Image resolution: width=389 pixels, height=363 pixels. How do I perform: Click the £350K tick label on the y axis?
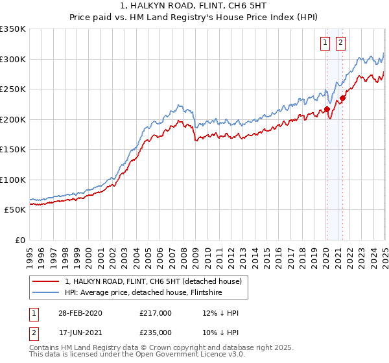(13, 29)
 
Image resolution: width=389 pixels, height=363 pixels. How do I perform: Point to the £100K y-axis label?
(13, 180)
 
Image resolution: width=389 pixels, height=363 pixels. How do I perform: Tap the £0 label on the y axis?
(19, 240)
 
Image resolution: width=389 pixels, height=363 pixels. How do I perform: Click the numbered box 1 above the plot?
(325, 43)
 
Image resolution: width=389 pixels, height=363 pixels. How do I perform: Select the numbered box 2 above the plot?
(341, 43)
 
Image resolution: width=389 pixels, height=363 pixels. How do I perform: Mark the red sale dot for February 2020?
(327, 110)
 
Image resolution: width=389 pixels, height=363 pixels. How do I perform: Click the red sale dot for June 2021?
(343, 99)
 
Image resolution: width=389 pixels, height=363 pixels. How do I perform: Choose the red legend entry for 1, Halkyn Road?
(153, 281)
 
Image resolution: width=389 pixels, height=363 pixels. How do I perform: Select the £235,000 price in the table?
(155, 332)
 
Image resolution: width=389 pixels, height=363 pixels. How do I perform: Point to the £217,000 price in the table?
(155, 313)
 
